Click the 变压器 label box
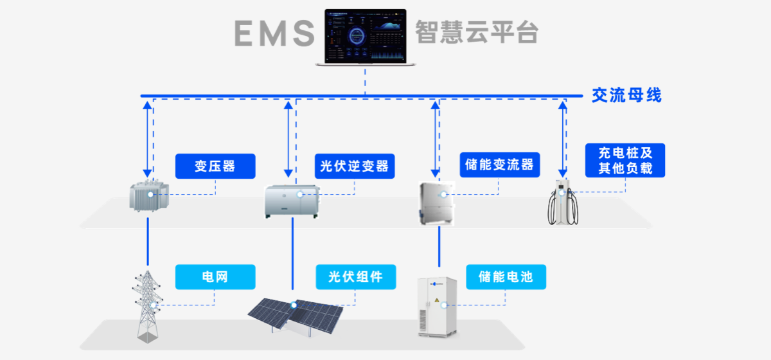point(215,166)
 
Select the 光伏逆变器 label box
point(355,166)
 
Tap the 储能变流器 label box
point(499,165)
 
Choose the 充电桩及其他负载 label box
point(625,161)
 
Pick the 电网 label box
point(215,277)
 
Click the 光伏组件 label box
point(355,277)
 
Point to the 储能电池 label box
point(505,277)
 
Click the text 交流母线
point(626,96)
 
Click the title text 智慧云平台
point(476,32)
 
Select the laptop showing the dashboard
point(365,37)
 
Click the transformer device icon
point(149,196)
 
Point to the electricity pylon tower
point(147,305)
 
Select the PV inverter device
point(292,201)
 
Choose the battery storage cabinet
point(439,307)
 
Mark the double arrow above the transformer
point(148,138)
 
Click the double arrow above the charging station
point(563,138)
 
